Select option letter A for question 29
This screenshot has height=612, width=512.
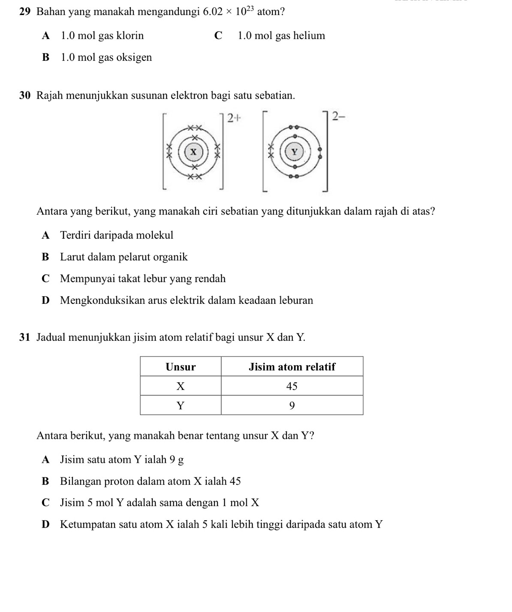click(46, 36)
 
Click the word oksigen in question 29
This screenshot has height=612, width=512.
click(134, 57)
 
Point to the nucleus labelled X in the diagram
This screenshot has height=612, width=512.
click(193, 151)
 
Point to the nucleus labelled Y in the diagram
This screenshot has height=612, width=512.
click(294, 152)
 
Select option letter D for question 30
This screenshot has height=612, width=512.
click(46, 300)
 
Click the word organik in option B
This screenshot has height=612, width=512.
click(171, 257)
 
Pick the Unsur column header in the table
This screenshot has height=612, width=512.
click(181, 367)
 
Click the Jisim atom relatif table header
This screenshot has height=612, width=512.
click(292, 367)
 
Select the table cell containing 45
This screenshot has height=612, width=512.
click(292, 386)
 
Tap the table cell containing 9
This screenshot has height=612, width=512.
click(292, 405)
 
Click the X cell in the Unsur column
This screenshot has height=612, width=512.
click(181, 386)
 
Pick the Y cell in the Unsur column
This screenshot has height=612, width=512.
click(181, 405)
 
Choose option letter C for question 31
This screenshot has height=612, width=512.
click(46, 503)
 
